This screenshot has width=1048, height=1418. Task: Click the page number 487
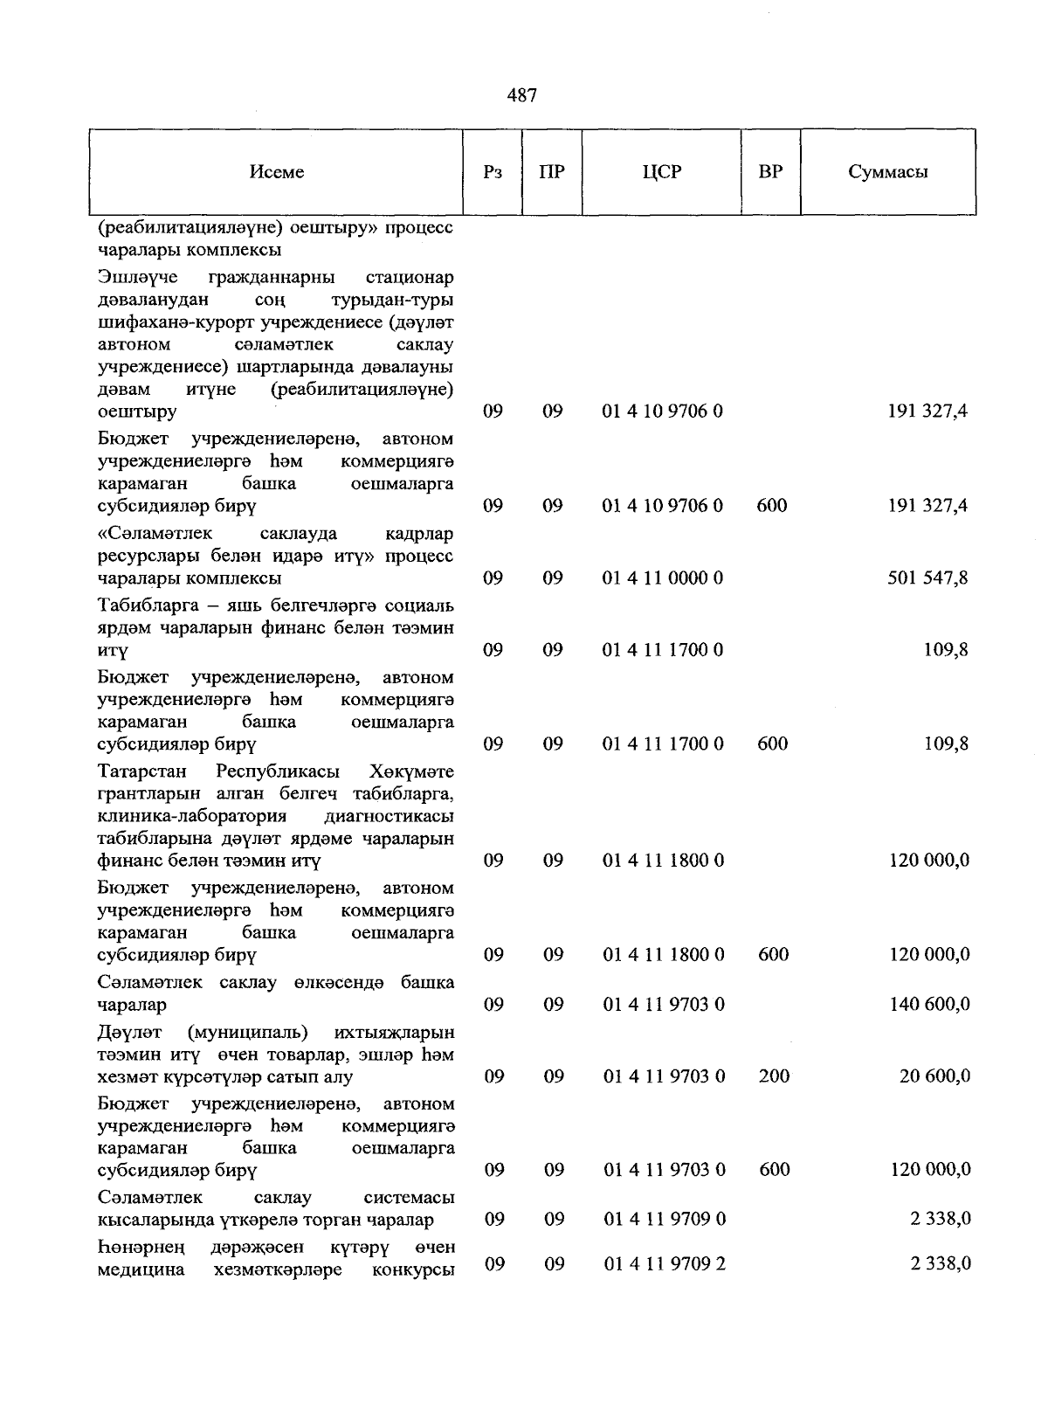click(522, 95)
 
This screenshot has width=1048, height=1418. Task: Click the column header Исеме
click(277, 172)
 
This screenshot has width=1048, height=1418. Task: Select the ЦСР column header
click(661, 172)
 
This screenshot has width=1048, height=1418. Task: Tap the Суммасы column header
click(887, 172)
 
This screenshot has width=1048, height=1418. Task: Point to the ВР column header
click(770, 172)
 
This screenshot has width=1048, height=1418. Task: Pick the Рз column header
click(493, 172)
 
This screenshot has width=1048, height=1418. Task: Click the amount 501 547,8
click(927, 578)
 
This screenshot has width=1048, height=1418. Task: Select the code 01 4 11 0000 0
click(663, 578)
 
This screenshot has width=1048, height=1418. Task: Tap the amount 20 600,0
click(934, 1076)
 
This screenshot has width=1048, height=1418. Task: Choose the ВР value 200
click(774, 1076)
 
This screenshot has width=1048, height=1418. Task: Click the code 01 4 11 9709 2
click(664, 1263)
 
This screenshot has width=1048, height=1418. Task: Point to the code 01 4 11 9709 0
click(664, 1218)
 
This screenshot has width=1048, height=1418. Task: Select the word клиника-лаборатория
click(192, 816)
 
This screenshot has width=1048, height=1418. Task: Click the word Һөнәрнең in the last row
click(140, 1246)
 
